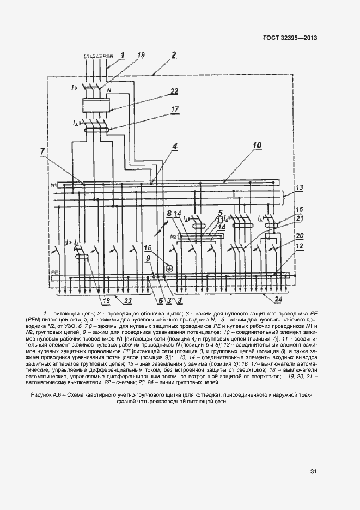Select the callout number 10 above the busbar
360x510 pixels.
tap(257, 145)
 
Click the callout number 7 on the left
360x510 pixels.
tap(43, 150)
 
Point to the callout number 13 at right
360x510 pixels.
tap(299, 189)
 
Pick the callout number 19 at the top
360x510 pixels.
tap(141, 56)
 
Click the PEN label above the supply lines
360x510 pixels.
tap(108, 57)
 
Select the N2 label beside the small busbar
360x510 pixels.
tap(189, 236)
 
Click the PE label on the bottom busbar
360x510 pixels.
tap(54, 271)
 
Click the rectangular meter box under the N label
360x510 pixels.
tap(96, 105)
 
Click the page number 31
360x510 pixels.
tap(313, 471)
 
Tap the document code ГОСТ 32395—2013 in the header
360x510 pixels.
tap(290, 38)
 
